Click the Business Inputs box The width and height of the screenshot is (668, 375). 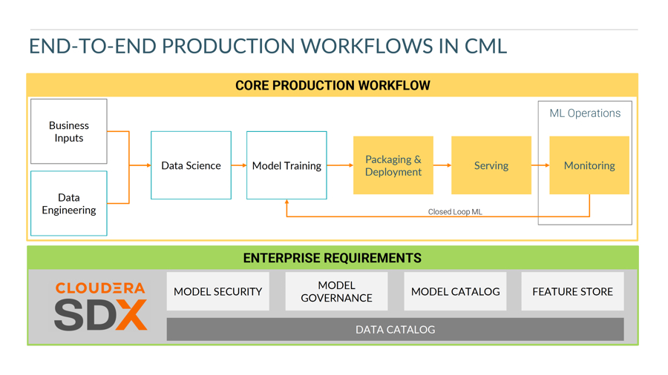click(x=69, y=131)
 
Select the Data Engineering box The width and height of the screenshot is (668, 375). click(x=69, y=203)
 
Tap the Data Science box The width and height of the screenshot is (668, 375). click(x=191, y=165)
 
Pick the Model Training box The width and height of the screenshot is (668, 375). click(x=286, y=165)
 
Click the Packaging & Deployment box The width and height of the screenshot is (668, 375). click(x=393, y=165)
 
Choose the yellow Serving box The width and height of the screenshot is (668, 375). click(x=491, y=165)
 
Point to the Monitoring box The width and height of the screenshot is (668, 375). click(x=589, y=165)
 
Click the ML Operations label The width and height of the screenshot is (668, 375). click(x=585, y=113)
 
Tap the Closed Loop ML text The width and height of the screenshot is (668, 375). click(x=455, y=212)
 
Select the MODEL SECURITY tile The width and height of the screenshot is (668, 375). click(x=217, y=291)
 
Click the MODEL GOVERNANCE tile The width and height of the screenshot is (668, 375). click(x=336, y=291)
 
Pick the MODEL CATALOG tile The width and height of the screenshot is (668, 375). click(x=455, y=291)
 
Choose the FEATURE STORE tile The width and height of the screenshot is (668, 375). click(x=572, y=291)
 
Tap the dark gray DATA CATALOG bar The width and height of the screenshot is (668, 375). click(x=395, y=329)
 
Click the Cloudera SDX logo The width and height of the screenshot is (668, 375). click(x=100, y=305)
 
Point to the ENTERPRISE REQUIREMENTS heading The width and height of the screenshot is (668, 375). click(x=333, y=258)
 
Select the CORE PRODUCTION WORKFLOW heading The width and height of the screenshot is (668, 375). click(x=333, y=85)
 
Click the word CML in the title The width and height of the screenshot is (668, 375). click(x=485, y=46)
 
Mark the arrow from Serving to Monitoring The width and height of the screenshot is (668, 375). click(x=540, y=165)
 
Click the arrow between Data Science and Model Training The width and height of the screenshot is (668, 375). click(x=239, y=165)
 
